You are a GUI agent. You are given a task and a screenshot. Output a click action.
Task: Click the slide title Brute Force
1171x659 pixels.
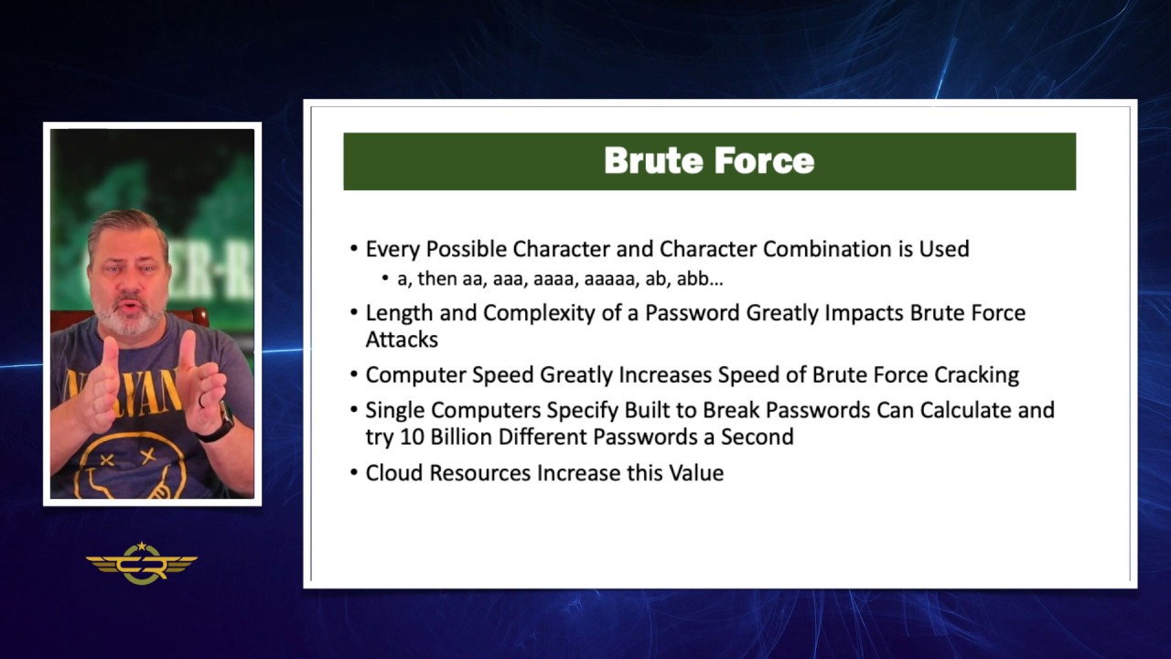coord(709,161)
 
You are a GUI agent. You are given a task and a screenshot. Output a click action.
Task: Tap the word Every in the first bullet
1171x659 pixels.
coord(391,249)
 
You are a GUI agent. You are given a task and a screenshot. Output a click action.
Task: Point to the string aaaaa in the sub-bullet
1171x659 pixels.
coord(608,278)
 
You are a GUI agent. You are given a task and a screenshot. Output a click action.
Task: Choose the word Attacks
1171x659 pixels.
coord(402,340)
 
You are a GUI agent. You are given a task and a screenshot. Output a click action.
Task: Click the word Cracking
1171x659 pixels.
coord(976,374)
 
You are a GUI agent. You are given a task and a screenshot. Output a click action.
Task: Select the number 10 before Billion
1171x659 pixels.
coord(412,437)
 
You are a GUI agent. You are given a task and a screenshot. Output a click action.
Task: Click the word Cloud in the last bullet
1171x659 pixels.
coord(394,473)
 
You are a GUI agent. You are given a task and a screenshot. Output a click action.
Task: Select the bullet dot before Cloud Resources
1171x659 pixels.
coord(354,473)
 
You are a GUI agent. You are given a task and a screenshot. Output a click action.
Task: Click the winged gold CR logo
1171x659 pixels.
coord(142,565)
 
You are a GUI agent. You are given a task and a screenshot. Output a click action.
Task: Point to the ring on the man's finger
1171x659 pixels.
coord(202,400)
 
